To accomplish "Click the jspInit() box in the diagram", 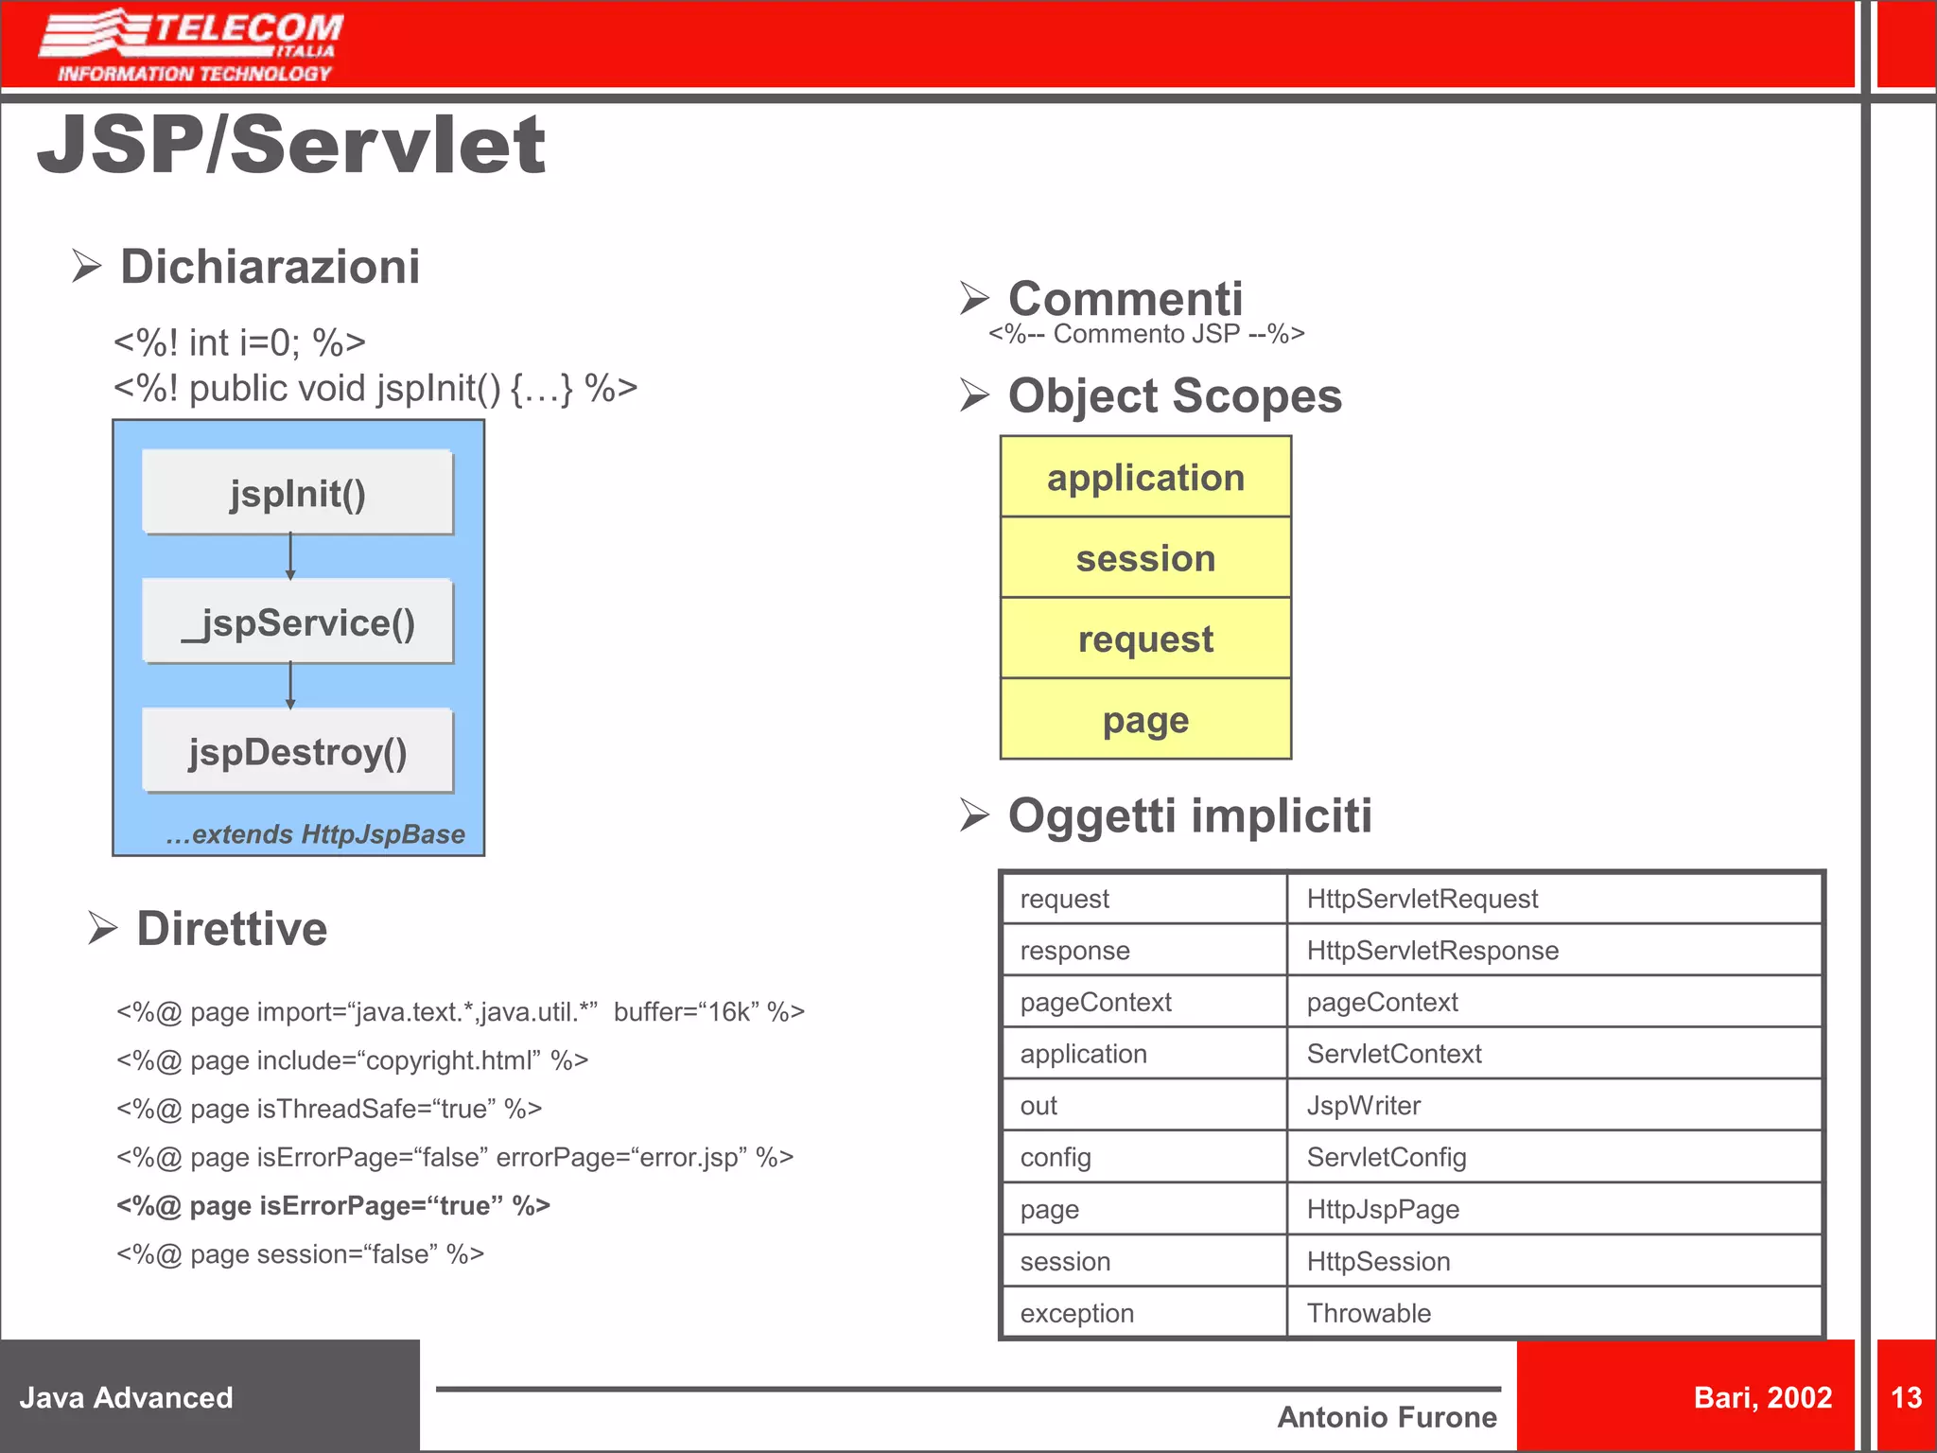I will tap(297, 492).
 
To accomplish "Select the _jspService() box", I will tap(297, 621).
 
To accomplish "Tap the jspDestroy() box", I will tap(297, 751).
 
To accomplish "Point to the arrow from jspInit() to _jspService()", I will tap(290, 556).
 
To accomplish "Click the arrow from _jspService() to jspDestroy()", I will tap(290, 686).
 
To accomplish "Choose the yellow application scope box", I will tap(1145, 477).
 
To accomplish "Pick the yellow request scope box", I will tap(1145, 639).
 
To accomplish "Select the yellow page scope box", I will tap(1145, 719).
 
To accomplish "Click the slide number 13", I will tap(1906, 1397).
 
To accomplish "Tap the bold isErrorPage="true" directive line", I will tap(333, 1205).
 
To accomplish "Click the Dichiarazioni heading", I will tap(270, 266).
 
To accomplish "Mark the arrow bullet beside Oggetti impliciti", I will tap(974, 814).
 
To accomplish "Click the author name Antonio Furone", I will tap(1387, 1417).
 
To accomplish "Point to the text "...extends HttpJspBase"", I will tap(315, 833).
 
